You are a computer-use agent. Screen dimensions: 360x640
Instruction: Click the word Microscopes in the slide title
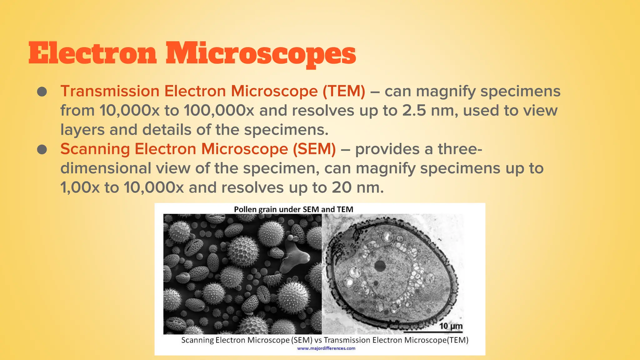(261, 54)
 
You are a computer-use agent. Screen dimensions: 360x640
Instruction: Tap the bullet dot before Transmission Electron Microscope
(42, 92)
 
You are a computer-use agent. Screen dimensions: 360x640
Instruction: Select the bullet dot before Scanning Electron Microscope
(42, 149)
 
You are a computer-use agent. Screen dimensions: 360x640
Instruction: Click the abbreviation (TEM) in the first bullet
(344, 91)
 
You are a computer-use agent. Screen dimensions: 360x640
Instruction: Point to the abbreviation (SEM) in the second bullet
(314, 149)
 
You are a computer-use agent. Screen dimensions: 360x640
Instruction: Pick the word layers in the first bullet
(82, 130)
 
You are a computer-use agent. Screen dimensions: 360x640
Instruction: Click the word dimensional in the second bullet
(106, 168)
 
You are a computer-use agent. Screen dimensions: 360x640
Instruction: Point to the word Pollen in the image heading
(245, 209)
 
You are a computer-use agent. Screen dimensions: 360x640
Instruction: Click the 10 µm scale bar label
(451, 326)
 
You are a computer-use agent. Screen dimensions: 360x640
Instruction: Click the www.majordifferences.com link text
(326, 348)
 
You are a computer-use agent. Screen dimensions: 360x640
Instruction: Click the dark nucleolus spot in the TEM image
(380, 266)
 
